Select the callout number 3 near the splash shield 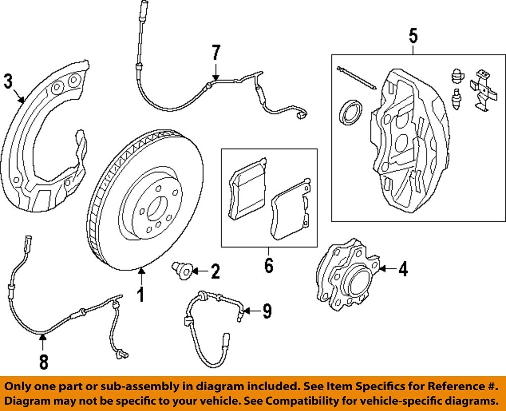(x=8, y=81)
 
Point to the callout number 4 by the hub (x=402, y=270)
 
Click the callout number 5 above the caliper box (x=413, y=36)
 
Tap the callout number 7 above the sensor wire (x=216, y=52)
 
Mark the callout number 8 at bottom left (x=44, y=361)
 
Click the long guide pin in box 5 (x=356, y=77)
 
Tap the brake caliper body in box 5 (x=410, y=137)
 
